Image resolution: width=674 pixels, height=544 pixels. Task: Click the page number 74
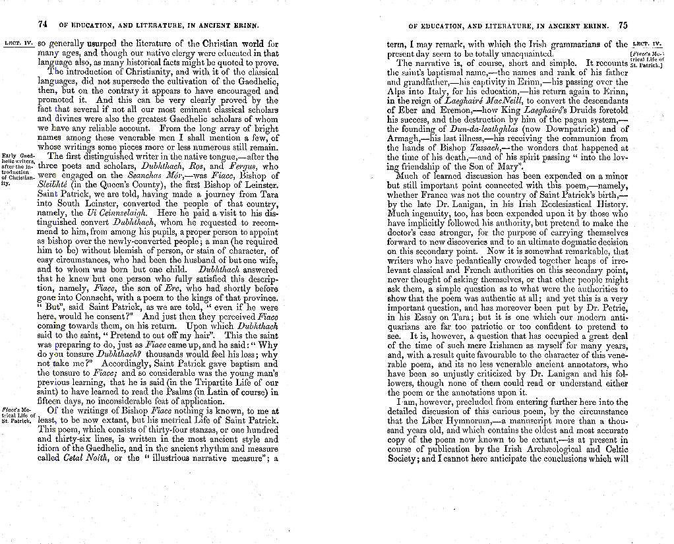click(x=43, y=24)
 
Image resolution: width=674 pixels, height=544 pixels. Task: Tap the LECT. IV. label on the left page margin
click(x=18, y=44)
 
